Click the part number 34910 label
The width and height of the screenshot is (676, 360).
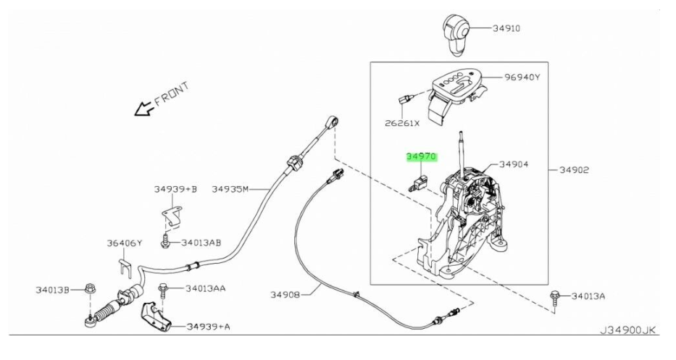click(x=506, y=28)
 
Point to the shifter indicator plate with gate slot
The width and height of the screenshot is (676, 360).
click(x=459, y=90)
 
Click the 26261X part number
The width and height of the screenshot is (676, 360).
click(x=402, y=123)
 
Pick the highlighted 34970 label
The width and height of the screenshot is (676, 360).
click(x=422, y=156)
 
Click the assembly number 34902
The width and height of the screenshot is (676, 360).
click(x=573, y=170)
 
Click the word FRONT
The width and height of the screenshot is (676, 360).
click(x=172, y=93)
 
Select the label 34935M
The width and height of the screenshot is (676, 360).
click(x=230, y=189)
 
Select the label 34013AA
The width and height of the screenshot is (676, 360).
click(x=205, y=288)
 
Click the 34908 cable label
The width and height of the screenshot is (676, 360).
click(x=288, y=294)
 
